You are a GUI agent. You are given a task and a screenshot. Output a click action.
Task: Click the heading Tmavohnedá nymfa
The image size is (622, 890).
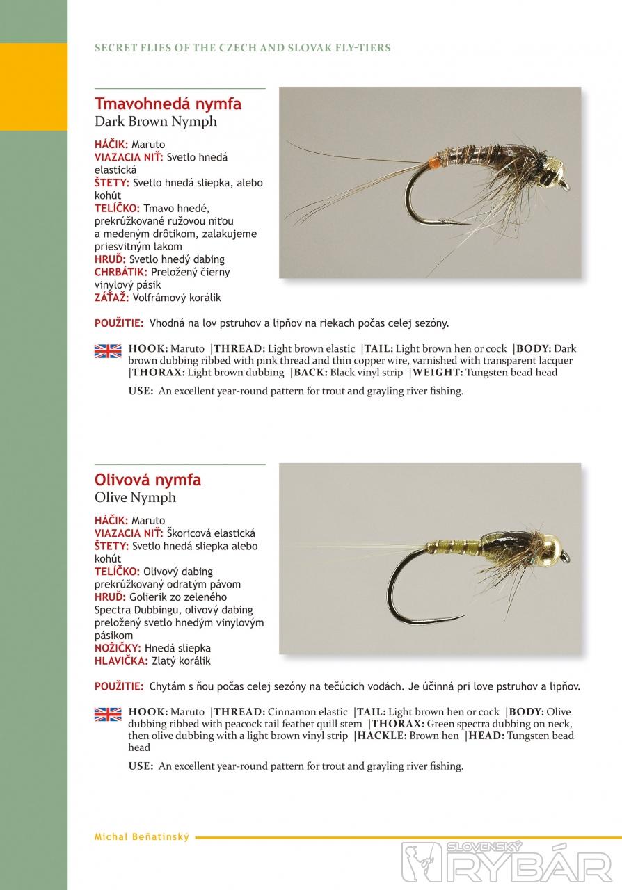pyautogui.click(x=168, y=104)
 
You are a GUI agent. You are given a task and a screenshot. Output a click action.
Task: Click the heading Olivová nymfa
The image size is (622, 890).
pyautogui.click(x=148, y=480)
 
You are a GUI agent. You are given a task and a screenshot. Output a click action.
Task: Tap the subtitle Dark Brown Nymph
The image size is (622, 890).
pyautogui.click(x=156, y=122)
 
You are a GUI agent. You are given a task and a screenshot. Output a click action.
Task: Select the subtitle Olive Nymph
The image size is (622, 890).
pyautogui.click(x=136, y=498)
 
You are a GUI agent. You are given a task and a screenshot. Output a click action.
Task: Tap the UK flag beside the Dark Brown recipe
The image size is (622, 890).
pyautogui.click(x=108, y=351)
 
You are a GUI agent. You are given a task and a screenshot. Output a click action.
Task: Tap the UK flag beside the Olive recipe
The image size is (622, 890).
pyautogui.click(x=108, y=714)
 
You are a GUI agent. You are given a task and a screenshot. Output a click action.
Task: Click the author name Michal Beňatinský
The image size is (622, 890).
pyautogui.click(x=141, y=837)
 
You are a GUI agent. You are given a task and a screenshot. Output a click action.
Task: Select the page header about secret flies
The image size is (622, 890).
pyautogui.click(x=243, y=48)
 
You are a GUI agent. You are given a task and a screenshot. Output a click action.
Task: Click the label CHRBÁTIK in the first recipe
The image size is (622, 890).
pyautogui.click(x=120, y=272)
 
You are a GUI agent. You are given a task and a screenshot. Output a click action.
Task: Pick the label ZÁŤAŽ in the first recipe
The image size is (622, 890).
pyautogui.click(x=111, y=298)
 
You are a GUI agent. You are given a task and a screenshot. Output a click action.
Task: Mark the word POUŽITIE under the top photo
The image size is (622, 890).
pyautogui.click(x=119, y=323)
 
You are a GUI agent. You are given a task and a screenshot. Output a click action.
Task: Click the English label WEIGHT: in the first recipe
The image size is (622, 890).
pyautogui.click(x=438, y=373)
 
